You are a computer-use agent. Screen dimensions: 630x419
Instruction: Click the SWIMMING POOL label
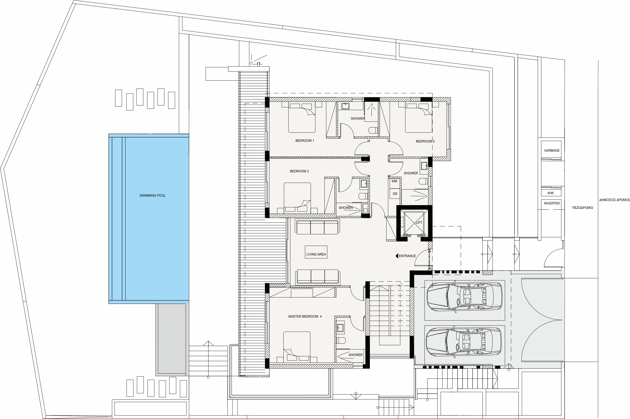(x=153, y=196)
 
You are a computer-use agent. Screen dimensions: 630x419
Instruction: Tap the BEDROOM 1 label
(x=305, y=141)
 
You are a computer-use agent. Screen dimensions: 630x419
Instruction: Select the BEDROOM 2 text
(x=425, y=141)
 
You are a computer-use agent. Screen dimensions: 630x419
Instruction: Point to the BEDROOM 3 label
(x=299, y=171)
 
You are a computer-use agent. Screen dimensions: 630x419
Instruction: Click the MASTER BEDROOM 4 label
(x=305, y=316)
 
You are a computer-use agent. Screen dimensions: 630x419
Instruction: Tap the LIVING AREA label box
(x=316, y=252)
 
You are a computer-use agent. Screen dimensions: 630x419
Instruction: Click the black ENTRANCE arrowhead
(x=397, y=256)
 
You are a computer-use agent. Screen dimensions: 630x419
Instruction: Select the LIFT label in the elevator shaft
(x=419, y=223)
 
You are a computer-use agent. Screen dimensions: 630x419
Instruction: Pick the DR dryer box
(x=395, y=194)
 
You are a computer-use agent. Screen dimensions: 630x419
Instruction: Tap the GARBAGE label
(x=552, y=150)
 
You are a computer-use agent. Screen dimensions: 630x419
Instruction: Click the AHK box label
(x=550, y=193)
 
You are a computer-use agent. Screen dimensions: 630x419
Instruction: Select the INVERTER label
(x=552, y=203)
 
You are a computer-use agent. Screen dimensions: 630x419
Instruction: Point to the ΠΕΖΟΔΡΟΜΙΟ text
(x=583, y=208)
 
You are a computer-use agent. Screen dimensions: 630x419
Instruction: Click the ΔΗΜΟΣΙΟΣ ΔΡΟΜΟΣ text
(x=614, y=200)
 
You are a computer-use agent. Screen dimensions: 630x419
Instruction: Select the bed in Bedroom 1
(x=302, y=118)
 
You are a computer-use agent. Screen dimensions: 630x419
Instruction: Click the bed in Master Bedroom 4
(x=297, y=346)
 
